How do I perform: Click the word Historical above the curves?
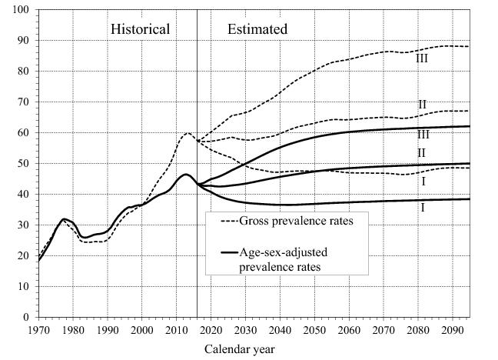click(x=140, y=29)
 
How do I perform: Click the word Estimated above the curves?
click(x=257, y=29)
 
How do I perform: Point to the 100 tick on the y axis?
click(x=21, y=10)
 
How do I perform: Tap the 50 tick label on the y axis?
click(x=23, y=163)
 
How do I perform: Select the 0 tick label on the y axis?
click(x=26, y=317)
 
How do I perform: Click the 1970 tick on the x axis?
click(x=38, y=331)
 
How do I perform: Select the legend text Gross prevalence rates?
click(x=290, y=222)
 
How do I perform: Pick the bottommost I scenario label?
click(x=422, y=208)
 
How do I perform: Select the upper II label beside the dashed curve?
click(x=422, y=105)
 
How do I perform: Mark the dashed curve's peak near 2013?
click(x=187, y=133)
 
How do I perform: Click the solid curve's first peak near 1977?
click(x=64, y=219)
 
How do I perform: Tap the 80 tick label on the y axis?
click(x=23, y=71)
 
